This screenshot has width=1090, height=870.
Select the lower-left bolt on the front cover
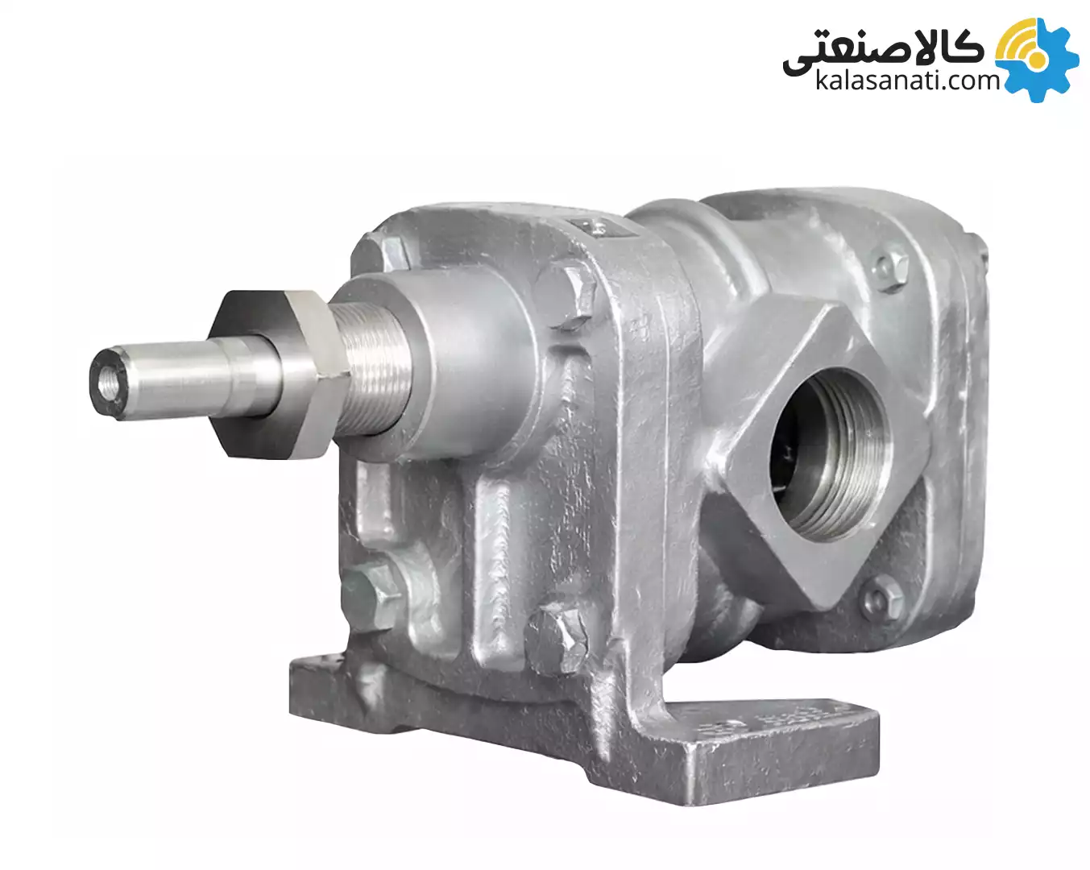point(372,599)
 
